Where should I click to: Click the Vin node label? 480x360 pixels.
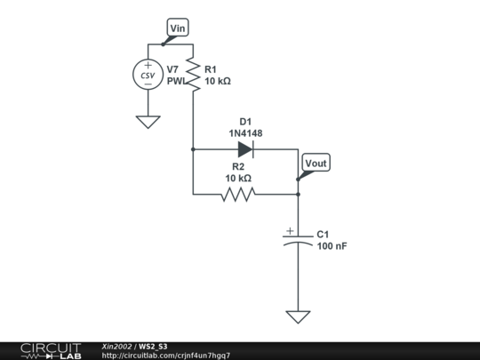coord(179,29)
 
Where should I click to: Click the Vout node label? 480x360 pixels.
coord(316,164)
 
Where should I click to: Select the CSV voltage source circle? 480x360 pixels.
coord(148,76)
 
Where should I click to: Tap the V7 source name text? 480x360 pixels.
coord(175,68)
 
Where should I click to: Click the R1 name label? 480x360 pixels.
coord(211,68)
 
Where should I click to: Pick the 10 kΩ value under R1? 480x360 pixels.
coord(219,81)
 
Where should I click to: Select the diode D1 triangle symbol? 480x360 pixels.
coord(245,149)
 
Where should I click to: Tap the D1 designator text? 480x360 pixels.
coord(245,121)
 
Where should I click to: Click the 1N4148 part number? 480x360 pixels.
coord(245,133)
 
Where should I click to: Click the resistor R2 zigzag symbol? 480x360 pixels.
coord(238,194)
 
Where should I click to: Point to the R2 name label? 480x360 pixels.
coord(238,166)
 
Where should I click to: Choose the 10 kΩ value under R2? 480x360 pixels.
coord(238,178)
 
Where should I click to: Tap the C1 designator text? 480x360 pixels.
coord(324,234)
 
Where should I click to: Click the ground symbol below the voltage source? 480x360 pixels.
coord(148,122)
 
